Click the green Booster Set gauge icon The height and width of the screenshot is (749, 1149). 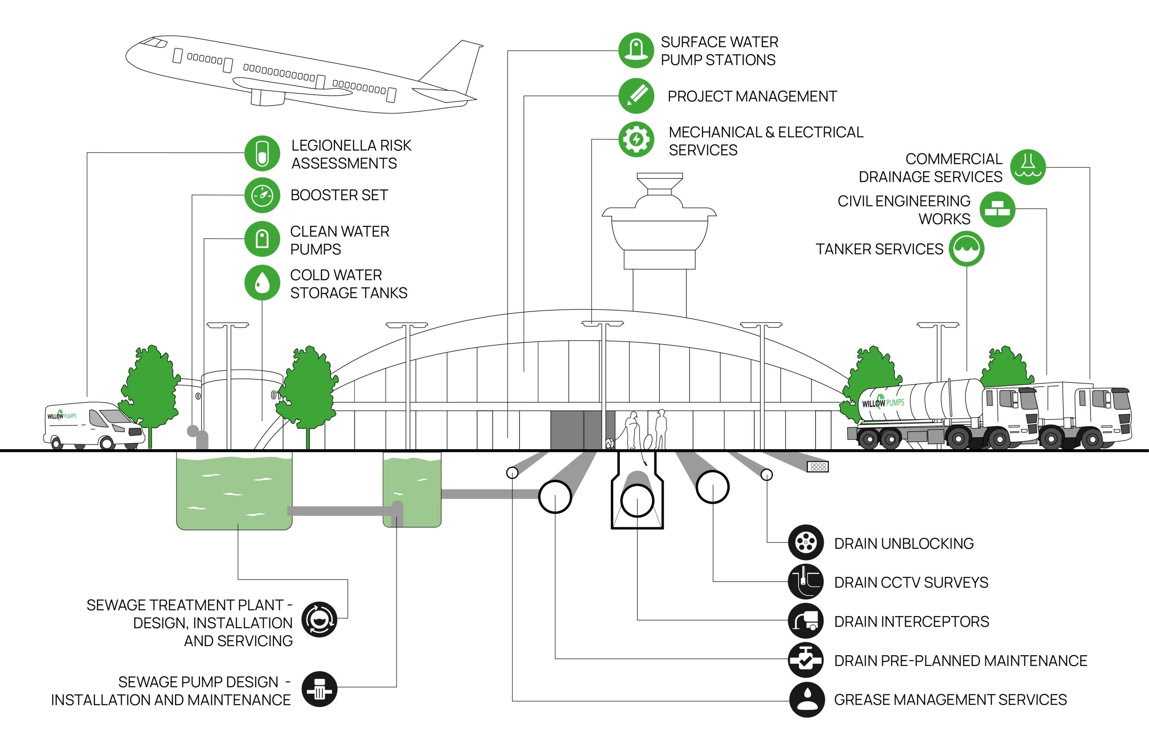click(262, 195)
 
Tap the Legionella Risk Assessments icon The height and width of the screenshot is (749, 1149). click(262, 153)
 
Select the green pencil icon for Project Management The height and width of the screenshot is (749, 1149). click(636, 96)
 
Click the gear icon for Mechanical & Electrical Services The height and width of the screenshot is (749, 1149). click(636, 140)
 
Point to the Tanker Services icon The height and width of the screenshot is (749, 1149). click(966, 249)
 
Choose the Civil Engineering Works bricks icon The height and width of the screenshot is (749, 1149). click(997, 210)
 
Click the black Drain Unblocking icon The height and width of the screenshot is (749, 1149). click(806, 543)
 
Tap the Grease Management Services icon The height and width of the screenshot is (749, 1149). click(807, 699)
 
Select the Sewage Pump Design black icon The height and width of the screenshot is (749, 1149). click(319, 689)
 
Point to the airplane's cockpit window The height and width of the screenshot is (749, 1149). click(154, 44)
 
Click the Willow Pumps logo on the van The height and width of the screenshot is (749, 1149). click(62, 416)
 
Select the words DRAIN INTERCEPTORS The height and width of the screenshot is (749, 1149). click(911, 621)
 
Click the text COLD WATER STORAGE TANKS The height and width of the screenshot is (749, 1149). click(348, 284)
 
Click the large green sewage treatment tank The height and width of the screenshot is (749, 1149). click(234, 490)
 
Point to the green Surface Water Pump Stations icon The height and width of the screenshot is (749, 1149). click(636, 51)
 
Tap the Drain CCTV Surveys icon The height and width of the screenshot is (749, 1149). click(806, 582)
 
